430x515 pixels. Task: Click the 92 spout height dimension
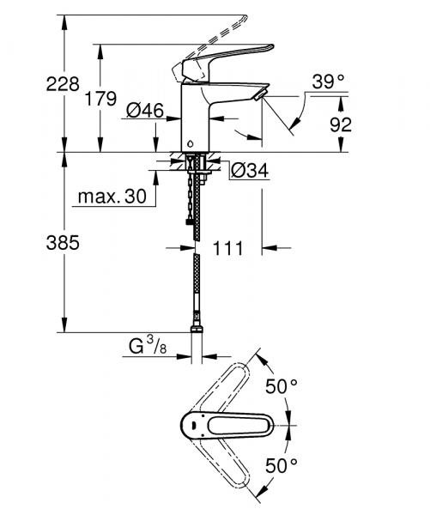click(342, 124)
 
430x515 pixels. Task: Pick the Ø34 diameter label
click(250, 172)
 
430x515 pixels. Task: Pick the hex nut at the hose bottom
click(196, 330)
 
